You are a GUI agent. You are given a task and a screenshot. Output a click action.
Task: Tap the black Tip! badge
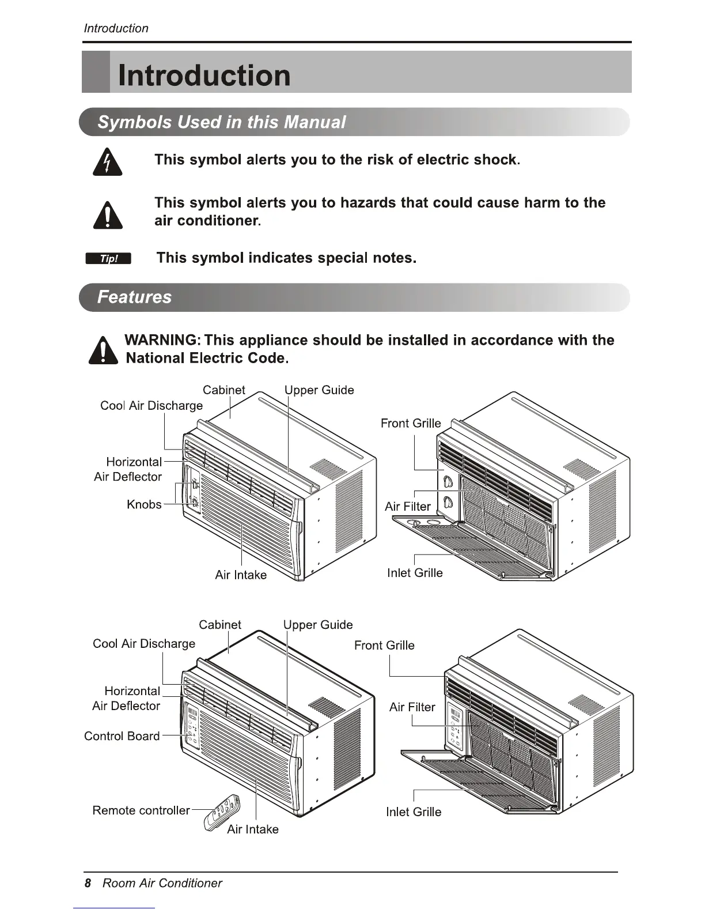(x=108, y=259)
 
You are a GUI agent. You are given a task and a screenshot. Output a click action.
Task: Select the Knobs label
(x=144, y=504)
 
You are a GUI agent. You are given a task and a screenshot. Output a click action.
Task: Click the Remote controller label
(x=141, y=810)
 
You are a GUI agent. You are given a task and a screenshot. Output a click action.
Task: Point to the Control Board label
(x=122, y=736)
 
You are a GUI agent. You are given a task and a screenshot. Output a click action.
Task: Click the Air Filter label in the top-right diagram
(x=408, y=507)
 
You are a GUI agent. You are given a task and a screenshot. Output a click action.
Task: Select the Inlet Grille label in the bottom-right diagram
(x=414, y=812)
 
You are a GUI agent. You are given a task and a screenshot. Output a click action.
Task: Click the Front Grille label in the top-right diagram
(x=411, y=424)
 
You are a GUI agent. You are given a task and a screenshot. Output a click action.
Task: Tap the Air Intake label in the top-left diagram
(x=241, y=575)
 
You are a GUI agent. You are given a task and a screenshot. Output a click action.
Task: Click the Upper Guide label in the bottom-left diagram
(x=318, y=625)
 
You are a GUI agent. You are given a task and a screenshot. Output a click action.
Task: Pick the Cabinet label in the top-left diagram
(x=224, y=390)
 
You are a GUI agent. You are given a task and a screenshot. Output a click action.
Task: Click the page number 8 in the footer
(x=88, y=883)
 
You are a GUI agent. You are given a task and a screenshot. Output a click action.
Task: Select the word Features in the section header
(x=135, y=297)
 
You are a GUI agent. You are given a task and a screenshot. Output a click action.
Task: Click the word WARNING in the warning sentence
(x=161, y=340)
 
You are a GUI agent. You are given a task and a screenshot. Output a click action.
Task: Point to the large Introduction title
(x=204, y=76)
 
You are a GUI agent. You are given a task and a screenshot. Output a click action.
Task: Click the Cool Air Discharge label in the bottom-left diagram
(x=144, y=644)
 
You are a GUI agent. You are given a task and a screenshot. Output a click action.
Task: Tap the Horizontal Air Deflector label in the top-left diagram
(x=128, y=469)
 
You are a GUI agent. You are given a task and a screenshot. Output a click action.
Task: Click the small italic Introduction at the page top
(x=116, y=28)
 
